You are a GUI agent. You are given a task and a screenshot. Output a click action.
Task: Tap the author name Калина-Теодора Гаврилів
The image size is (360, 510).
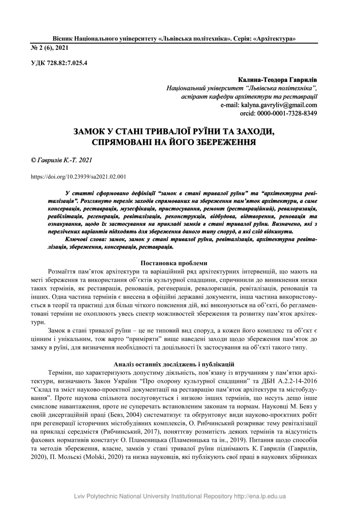pyautogui.click(x=277, y=79)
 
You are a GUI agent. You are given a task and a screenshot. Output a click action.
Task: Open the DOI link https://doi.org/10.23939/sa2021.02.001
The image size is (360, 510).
pyautogui.click(x=79, y=177)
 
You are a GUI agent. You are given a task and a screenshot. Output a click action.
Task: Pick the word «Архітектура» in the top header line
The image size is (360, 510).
pyautogui.click(x=275, y=39)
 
